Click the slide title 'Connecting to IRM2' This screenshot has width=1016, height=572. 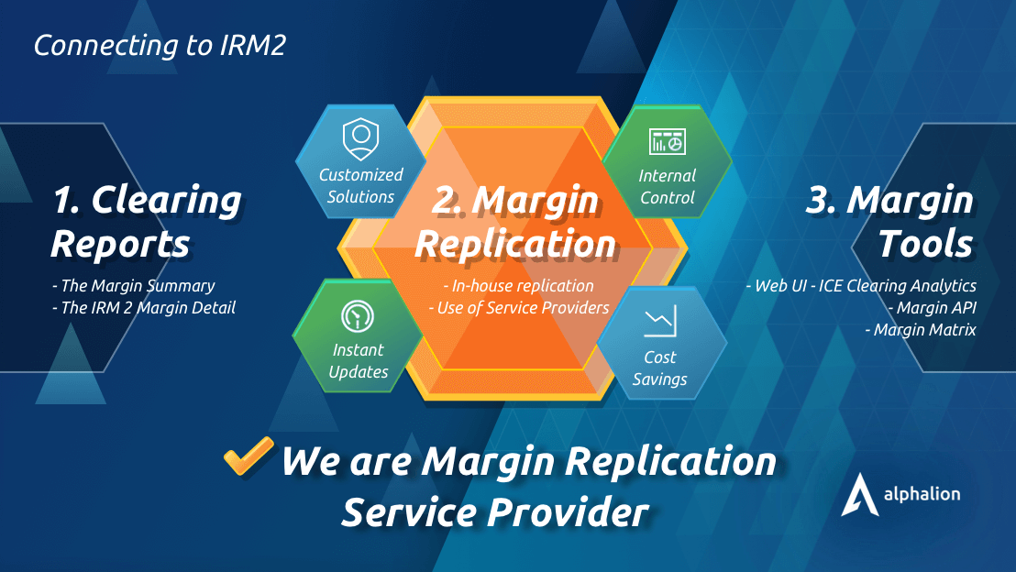pos(159,46)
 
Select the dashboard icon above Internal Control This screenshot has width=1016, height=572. pos(667,142)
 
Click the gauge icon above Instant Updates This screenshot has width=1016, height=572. pos(358,317)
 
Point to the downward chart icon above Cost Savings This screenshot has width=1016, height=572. pos(660,323)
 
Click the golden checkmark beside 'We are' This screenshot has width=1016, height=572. pos(248,456)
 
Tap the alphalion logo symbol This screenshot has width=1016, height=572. pos(858,495)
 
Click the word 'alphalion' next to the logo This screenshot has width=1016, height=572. pos(922,494)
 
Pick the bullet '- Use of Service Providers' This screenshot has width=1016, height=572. pos(519,308)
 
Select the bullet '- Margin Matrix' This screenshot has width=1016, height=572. pos(921,330)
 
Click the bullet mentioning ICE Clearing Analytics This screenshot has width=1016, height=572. pos(862,286)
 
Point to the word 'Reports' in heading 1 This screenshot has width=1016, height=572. pos(120,244)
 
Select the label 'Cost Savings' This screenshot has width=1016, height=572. pos(660,368)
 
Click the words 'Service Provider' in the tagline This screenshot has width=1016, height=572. pos(495,511)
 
